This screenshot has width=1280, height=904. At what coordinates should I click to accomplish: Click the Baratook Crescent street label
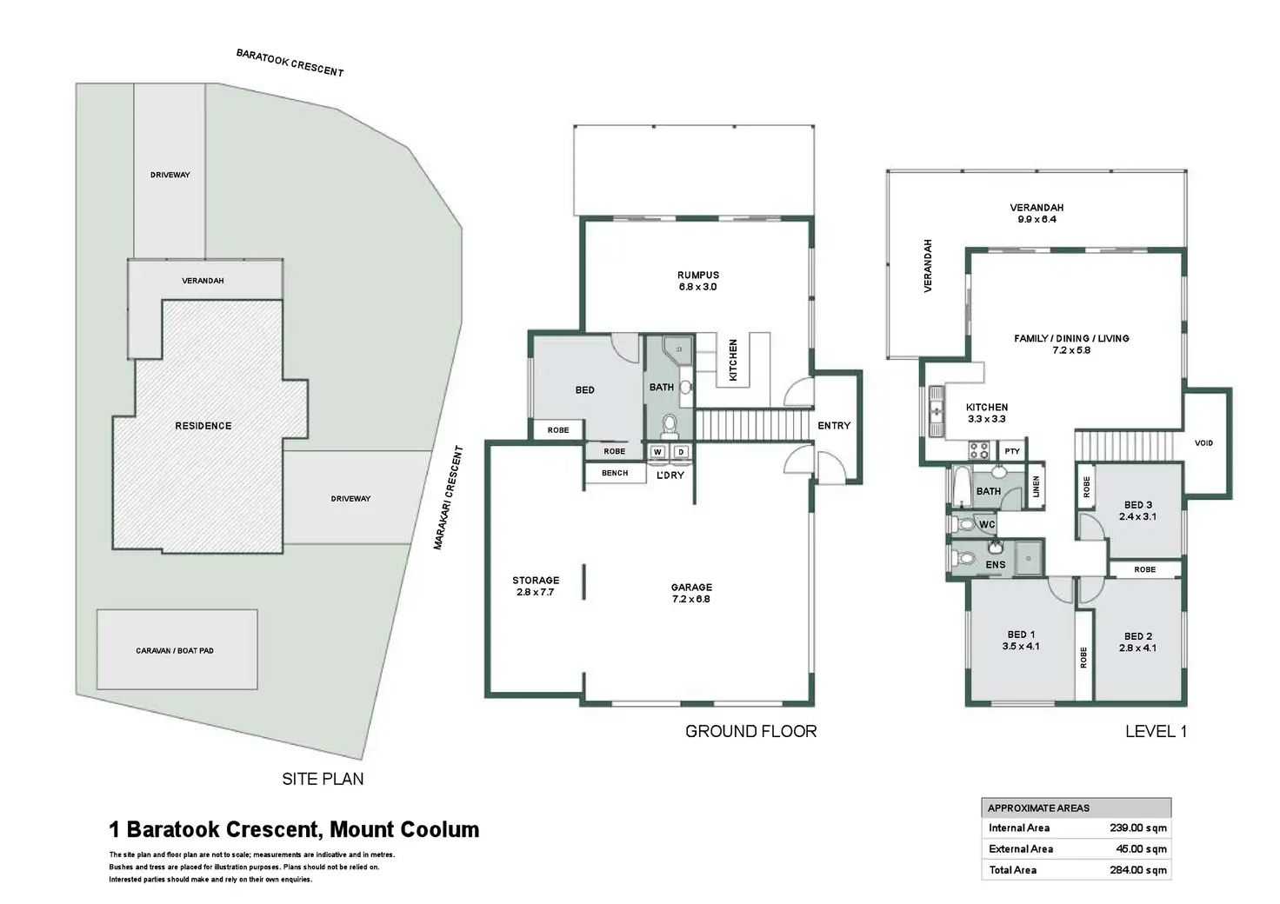click(x=290, y=63)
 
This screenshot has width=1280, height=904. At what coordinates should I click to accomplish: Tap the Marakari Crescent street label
click(x=448, y=498)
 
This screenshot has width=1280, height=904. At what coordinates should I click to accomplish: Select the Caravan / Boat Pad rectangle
click(x=177, y=649)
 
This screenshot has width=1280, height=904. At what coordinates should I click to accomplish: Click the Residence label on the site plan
click(x=203, y=426)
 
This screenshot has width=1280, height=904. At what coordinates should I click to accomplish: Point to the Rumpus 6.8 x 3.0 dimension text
click(x=697, y=287)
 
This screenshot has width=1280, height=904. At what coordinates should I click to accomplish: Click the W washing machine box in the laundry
click(x=657, y=452)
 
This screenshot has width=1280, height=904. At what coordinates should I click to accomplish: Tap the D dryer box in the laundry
click(x=681, y=452)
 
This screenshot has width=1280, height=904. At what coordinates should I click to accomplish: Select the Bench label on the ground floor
click(x=615, y=473)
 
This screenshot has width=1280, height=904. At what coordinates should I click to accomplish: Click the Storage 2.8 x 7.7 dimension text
click(x=536, y=592)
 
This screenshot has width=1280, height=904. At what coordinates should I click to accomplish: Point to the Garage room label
click(x=691, y=587)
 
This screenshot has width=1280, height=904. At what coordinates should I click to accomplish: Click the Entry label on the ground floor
click(x=834, y=425)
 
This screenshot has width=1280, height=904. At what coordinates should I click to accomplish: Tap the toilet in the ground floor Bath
click(x=670, y=425)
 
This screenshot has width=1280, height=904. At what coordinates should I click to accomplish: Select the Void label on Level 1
click(x=1204, y=443)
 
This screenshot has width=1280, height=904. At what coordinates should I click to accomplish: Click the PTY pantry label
click(x=1012, y=451)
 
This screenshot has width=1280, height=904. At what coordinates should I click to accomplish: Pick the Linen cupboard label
click(x=1036, y=487)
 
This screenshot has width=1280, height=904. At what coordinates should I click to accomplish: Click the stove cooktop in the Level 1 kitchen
click(x=978, y=450)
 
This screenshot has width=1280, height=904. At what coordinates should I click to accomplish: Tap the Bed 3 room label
click(x=1138, y=505)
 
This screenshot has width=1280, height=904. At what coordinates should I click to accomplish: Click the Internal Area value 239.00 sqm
click(x=1138, y=828)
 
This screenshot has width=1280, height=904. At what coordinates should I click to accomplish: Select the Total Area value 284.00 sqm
click(x=1138, y=870)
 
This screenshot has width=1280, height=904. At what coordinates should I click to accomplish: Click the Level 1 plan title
click(x=1156, y=732)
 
